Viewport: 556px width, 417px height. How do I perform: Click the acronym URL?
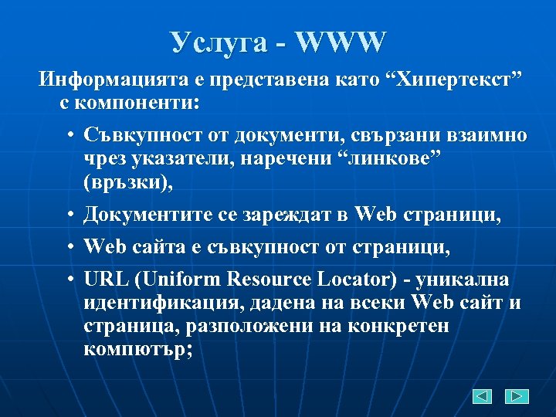103,279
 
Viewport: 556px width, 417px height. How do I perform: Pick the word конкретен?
395,325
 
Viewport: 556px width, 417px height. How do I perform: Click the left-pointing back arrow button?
483,397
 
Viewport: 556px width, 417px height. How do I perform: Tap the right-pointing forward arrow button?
517,397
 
